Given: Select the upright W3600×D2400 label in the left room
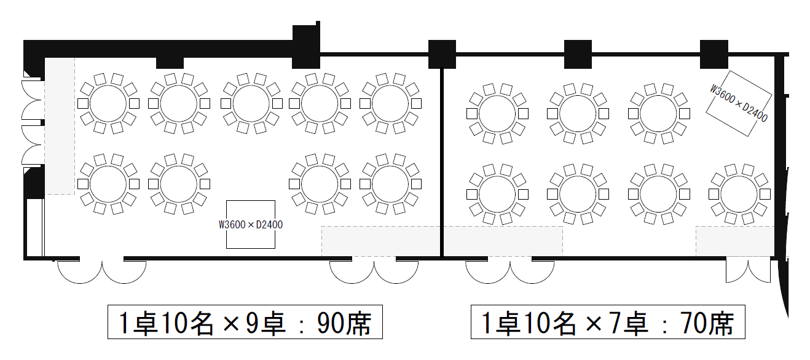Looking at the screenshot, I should (251, 225).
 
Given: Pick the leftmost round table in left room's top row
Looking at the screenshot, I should (108, 103).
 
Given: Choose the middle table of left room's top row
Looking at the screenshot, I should (250, 103).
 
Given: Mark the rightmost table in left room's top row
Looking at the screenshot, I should (390, 103).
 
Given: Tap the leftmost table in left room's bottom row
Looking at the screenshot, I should (108, 183).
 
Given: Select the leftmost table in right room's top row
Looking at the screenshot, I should (497, 114).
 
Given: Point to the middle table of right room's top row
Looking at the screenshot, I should (578, 114).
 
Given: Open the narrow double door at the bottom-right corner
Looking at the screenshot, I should (748, 271).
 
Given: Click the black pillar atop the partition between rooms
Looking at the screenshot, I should (442, 53).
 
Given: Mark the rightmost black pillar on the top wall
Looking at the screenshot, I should (714, 53).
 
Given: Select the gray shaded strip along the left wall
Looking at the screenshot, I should (60, 126).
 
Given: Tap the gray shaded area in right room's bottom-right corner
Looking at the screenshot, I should (734, 241).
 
